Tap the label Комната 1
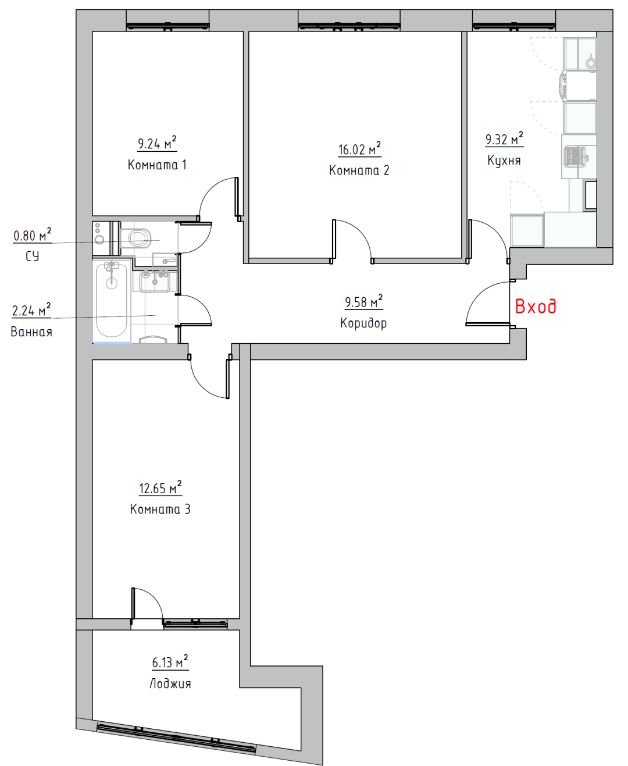point(157,165)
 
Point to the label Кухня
point(504,161)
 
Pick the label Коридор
point(363,323)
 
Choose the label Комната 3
point(160,510)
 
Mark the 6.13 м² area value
point(170,662)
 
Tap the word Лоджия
point(170,684)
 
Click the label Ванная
point(31,332)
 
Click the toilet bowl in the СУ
point(136,238)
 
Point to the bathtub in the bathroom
point(112,301)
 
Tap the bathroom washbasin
point(155,281)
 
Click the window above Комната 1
point(168,26)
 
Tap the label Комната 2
point(359,170)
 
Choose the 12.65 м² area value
point(160,487)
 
